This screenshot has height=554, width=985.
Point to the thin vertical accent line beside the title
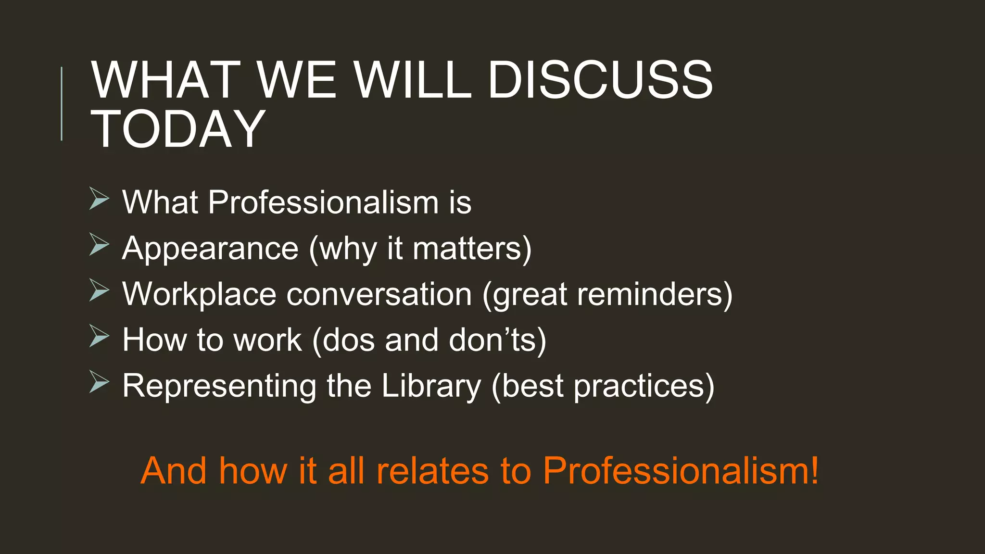click(62, 104)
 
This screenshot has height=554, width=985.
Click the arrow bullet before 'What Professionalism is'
click(99, 199)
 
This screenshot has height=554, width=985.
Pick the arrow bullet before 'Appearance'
click(99, 245)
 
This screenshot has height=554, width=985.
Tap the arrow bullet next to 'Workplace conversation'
click(99, 291)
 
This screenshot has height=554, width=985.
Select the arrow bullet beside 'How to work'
click(99, 337)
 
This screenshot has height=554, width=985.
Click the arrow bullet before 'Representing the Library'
click(99, 383)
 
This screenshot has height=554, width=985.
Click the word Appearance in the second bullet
click(210, 249)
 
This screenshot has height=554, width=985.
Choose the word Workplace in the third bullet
click(199, 294)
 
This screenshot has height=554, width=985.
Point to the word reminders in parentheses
click(654, 294)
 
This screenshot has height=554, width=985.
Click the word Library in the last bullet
click(431, 386)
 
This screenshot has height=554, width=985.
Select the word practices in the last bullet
click(644, 386)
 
